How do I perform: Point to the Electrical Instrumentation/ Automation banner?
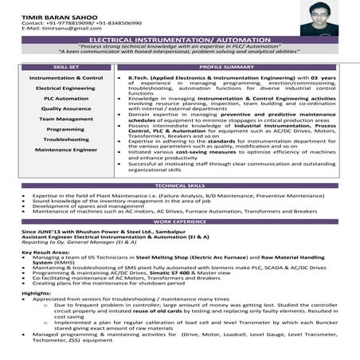coord(179,39)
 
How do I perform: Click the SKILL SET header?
coord(66,67)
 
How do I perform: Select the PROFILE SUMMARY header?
coord(226,67)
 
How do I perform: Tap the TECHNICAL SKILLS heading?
coord(179,185)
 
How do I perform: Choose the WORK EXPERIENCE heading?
coord(179,221)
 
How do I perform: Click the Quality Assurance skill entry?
coord(66,108)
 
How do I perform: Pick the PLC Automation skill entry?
coord(66,98)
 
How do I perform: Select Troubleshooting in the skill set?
coord(66,139)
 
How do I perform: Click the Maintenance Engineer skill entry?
coord(66,149)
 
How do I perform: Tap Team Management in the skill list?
coord(66,119)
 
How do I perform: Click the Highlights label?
coord(37,293)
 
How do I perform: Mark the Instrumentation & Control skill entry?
coord(66,78)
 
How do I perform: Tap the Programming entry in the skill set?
coord(66,129)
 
